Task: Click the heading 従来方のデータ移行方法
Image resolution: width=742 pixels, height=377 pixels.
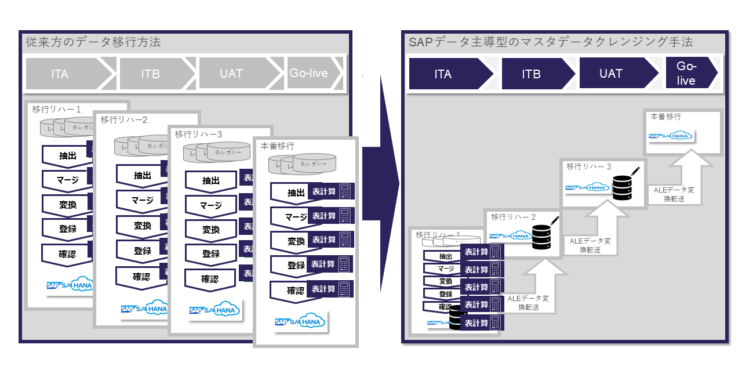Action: [x=93, y=42]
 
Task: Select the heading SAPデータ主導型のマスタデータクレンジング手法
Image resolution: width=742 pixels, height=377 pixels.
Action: [x=551, y=42]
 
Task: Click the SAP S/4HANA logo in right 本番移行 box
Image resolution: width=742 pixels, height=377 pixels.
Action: [x=670, y=136]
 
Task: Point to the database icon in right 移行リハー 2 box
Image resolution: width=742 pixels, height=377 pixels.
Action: [x=541, y=235]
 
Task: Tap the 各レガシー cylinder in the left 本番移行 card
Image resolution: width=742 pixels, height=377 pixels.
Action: [x=314, y=164]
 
